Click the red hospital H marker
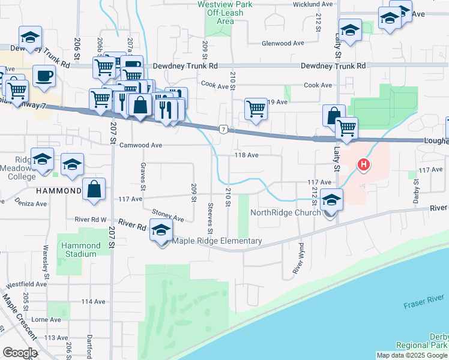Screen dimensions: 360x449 pos(363,164)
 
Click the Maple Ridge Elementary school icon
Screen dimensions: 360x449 pos(161,230)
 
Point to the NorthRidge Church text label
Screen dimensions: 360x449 pos(285,212)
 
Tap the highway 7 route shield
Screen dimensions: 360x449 pos(223,129)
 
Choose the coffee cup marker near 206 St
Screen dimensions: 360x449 pos(44,76)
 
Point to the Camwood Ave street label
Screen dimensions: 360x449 pos(141,145)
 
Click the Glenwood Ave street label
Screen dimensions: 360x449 pos(285,44)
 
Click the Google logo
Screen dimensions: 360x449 pos(20,353)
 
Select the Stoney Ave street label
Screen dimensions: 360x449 pos(167,214)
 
